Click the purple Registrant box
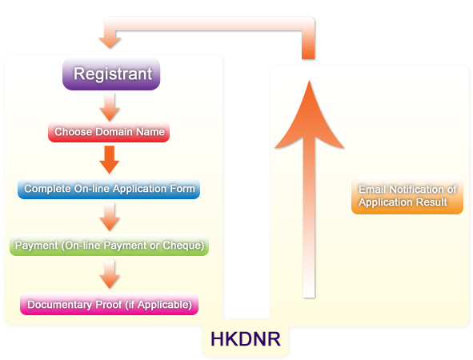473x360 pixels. click(112, 74)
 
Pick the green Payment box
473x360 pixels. click(110, 245)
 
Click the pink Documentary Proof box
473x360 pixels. click(109, 305)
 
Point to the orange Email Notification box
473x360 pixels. click(407, 197)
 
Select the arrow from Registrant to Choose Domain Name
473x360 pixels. click(110, 106)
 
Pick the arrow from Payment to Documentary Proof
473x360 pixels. click(110, 274)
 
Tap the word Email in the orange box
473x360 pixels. click(372, 190)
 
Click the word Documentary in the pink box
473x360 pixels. click(58, 305)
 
